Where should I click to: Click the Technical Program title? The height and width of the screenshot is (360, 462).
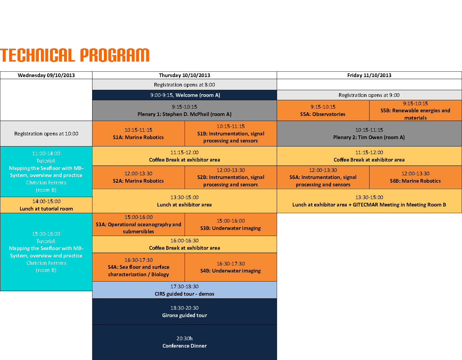coord(75,56)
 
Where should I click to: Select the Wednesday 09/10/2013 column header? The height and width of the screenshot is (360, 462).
coord(46,75)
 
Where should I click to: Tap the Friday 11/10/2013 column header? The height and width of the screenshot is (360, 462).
coord(369,75)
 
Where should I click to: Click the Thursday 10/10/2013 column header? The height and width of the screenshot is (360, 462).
coord(185,75)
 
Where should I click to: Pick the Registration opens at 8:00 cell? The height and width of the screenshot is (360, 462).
coord(185,85)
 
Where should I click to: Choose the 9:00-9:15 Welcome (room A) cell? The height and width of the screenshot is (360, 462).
coord(185,95)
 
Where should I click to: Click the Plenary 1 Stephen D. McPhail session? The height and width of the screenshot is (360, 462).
coord(185,111)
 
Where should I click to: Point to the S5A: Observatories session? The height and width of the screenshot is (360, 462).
coord(323,111)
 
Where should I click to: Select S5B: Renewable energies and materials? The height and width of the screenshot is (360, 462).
coord(415,111)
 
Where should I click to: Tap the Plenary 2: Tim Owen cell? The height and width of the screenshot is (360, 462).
coord(369,134)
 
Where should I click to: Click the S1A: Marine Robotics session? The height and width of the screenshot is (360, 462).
coord(138,134)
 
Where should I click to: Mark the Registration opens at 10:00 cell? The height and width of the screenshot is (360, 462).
coord(46,134)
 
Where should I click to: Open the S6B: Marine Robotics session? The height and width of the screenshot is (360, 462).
coord(415,177)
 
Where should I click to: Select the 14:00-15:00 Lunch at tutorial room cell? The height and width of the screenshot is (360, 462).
coord(46,205)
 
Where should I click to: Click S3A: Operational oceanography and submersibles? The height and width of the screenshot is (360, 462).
coord(138,225)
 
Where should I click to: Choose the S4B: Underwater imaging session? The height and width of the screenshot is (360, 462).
coord(230,267)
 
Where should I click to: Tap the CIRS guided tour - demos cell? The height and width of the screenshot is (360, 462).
coord(185,290)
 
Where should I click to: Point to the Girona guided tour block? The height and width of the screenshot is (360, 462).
coord(185,312)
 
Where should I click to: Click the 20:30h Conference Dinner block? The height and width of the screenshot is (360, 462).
coord(185,342)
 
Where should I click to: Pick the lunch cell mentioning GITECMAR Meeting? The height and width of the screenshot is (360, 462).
coord(369,201)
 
